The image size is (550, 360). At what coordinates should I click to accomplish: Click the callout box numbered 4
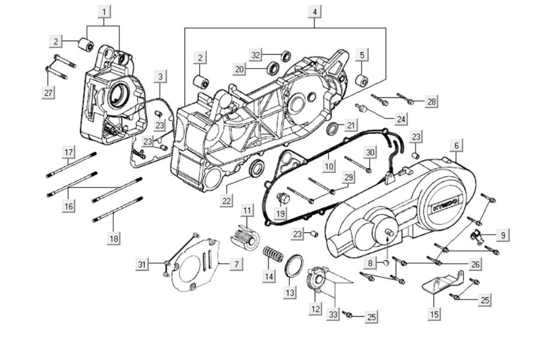click(314, 12)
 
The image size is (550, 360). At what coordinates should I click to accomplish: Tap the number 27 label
click(48, 92)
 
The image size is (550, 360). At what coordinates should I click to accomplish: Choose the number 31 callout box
click(143, 265)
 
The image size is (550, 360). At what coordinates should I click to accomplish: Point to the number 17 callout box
click(68, 152)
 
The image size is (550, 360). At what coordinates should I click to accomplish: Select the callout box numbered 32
click(255, 55)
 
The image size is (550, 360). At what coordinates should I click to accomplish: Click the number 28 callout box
click(431, 101)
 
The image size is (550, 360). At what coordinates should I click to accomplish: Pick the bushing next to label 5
click(361, 80)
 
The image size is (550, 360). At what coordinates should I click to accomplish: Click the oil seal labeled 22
click(256, 169)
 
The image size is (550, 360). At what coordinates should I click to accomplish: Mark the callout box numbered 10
click(328, 166)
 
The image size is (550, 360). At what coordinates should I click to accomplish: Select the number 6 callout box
click(456, 145)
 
